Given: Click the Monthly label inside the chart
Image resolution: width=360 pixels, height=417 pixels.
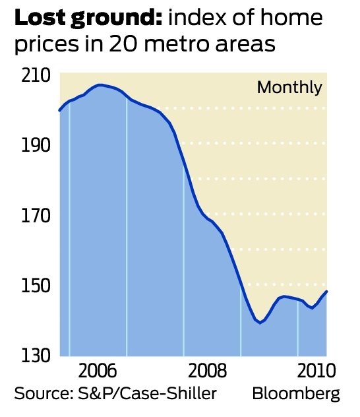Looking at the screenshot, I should click(289, 87).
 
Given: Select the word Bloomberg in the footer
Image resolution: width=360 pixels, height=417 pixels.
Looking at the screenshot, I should click(296, 394).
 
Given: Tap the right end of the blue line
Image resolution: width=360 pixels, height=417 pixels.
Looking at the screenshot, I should click(327, 291).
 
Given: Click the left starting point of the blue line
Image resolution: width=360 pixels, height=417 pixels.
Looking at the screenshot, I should click(59, 110).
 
